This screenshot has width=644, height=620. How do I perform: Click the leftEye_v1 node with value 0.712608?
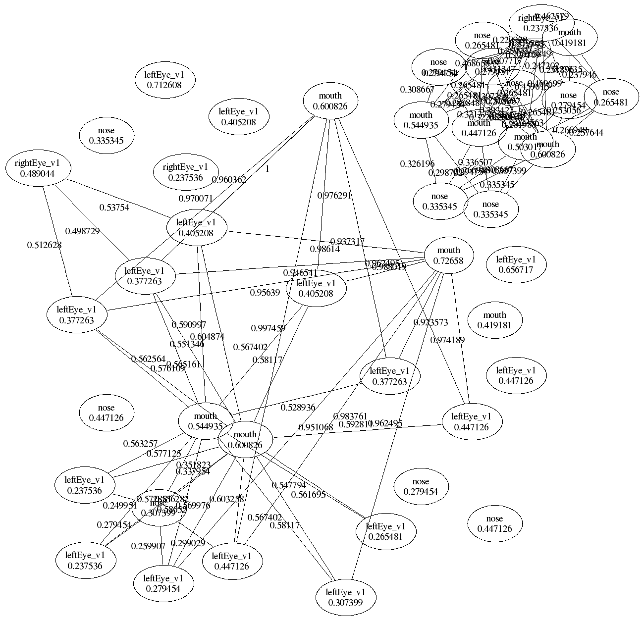pos(164,80)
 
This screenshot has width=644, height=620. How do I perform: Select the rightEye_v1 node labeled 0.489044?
pos(37,169)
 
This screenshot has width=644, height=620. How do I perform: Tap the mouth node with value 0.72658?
pos(449,255)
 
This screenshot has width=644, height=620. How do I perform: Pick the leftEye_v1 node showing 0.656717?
pos(516,264)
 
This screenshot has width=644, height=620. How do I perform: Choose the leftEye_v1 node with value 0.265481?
pos(385,531)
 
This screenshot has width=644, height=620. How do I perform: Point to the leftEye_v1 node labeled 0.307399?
pos(346,597)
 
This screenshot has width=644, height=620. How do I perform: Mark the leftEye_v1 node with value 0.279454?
pos(163,583)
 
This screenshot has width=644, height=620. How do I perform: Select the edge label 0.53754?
pos(114,207)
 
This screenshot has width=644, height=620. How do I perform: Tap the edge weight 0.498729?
pos(83,231)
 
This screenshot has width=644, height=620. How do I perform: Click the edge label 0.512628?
pos(45,244)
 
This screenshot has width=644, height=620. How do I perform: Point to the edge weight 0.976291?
pos(334,195)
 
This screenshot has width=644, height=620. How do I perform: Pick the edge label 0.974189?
pos(447,340)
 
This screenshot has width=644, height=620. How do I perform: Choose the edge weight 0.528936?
pos(298,408)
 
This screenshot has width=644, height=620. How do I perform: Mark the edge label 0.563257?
pos(140,444)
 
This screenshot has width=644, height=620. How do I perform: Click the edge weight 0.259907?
pos(148,546)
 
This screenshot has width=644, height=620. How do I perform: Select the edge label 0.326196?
pos(417,163)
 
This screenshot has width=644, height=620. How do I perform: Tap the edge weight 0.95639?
pos(265,292)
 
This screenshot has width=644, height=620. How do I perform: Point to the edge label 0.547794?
pos(289,485)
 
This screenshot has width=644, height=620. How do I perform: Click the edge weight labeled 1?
pos(267,169)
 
